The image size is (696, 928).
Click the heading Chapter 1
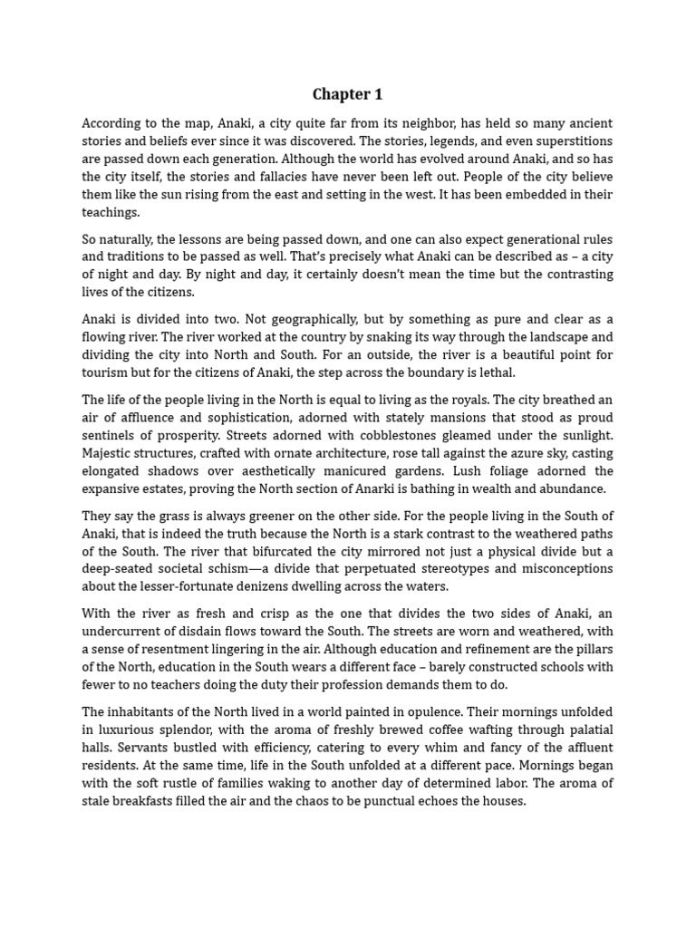[347, 94]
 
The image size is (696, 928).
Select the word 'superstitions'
[569, 141]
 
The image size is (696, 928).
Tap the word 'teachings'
[111, 212]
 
